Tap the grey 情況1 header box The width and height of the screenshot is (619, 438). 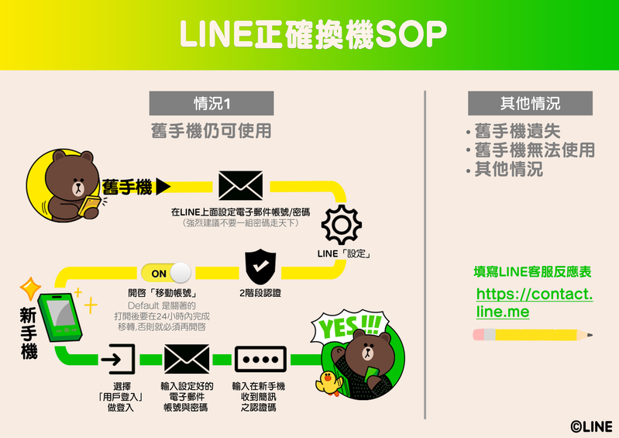click(x=211, y=103)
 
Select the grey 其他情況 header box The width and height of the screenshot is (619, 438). click(x=530, y=103)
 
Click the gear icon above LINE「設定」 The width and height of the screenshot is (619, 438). click(x=341, y=226)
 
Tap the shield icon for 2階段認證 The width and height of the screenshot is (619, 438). click(x=260, y=267)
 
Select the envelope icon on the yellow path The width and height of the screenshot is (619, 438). click(x=240, y=185)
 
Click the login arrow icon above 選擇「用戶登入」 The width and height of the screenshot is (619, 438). click(x=118, y=360)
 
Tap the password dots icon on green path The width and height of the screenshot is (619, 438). click(x=260, y=360)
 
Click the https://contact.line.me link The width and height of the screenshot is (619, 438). click(x=534, y=303)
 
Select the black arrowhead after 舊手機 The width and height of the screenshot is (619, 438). click(x=163, y=186)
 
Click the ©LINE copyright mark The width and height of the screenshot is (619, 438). click(x=591, y=426)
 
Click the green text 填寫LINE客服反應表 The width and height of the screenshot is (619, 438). click(x=532, y=272)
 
